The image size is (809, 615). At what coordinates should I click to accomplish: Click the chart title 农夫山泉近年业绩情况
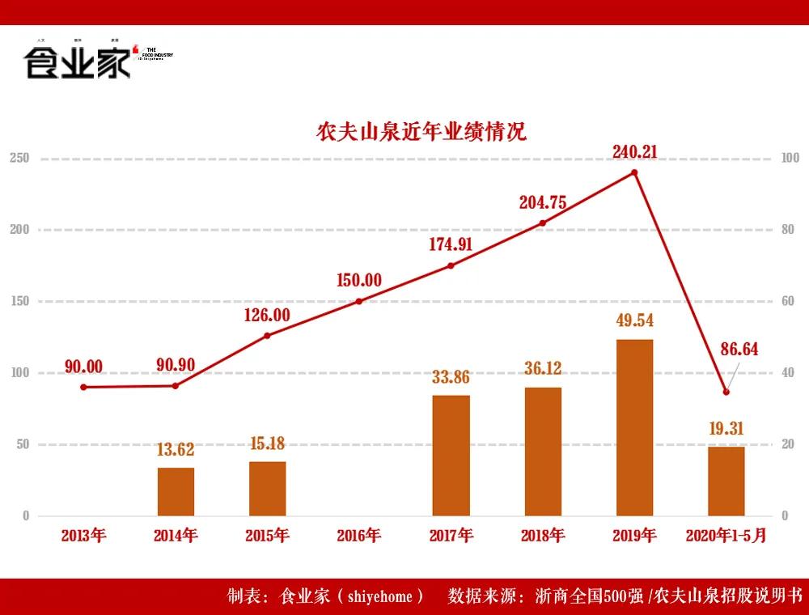click(421, 132)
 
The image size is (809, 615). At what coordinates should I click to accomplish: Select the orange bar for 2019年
click(634, 427)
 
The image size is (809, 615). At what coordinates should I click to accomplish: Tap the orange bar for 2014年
click(176, 491)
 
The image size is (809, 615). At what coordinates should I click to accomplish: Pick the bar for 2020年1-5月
click(726, 481)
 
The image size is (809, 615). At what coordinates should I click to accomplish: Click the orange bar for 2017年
click(451, 455)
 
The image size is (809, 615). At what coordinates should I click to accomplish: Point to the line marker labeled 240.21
click(634, 172)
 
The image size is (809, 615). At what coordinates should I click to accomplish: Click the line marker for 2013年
click(83, 387)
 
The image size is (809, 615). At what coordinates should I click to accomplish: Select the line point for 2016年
click(359, 301)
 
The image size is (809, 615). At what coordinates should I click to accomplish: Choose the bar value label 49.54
click(634, 320)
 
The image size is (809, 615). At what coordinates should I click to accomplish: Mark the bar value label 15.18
click(267, 443)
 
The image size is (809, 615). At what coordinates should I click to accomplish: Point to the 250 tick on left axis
click(19, 158)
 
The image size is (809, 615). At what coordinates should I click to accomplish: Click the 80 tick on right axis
click(788, 230)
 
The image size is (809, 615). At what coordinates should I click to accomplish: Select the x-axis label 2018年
click(542, 536)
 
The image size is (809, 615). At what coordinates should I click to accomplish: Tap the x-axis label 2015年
click(267, 536)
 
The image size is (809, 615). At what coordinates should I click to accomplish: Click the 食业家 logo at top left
click(78, 61)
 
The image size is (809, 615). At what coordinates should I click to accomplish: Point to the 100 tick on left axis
click(19, 373)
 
